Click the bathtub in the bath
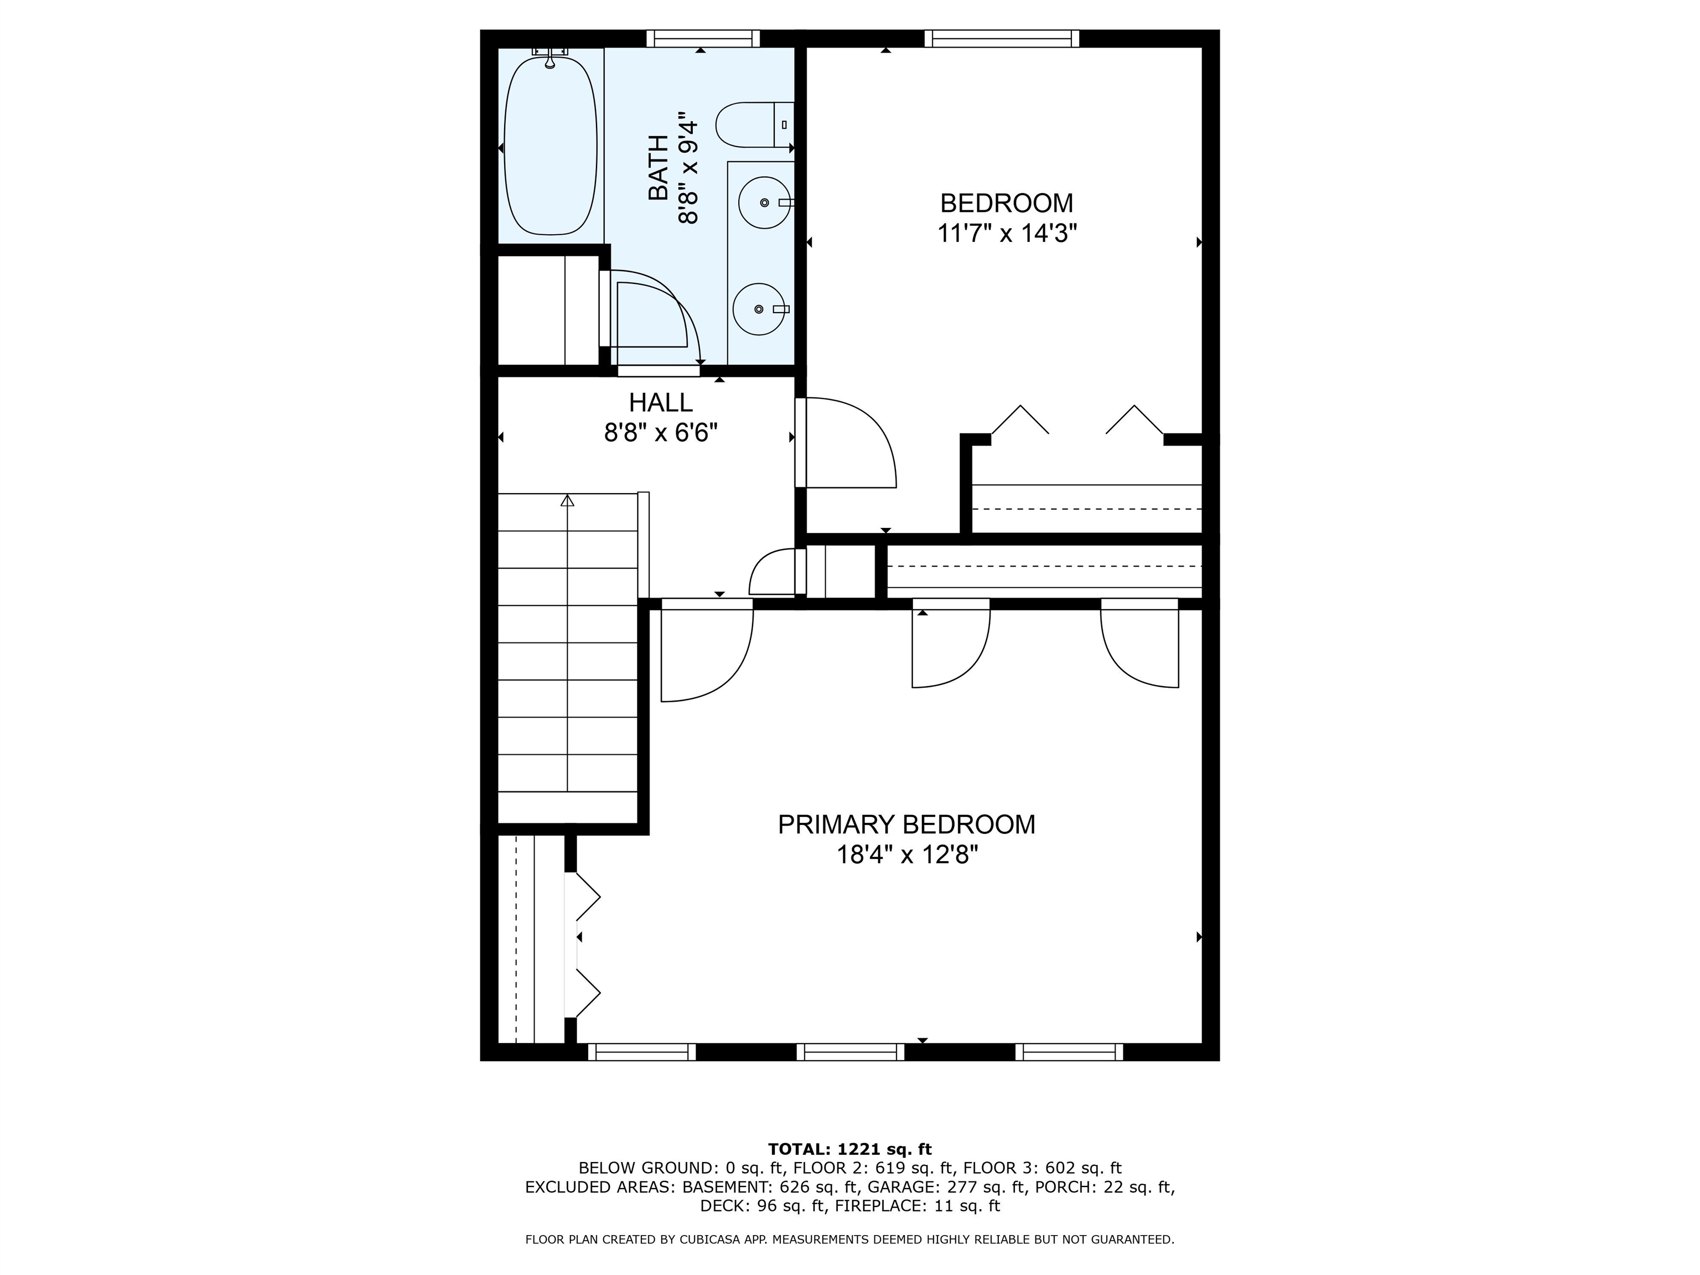point(550,146)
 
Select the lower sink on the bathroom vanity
point(759,309)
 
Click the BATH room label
point(659,168)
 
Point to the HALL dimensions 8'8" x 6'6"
point(660,433)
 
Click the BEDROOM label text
point(1006,203)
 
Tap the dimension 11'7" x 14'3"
point(1006,233)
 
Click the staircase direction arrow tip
point(567,500)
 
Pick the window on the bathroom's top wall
point(702,38)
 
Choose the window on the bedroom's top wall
point(1002,38)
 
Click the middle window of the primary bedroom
point(850,1052)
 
